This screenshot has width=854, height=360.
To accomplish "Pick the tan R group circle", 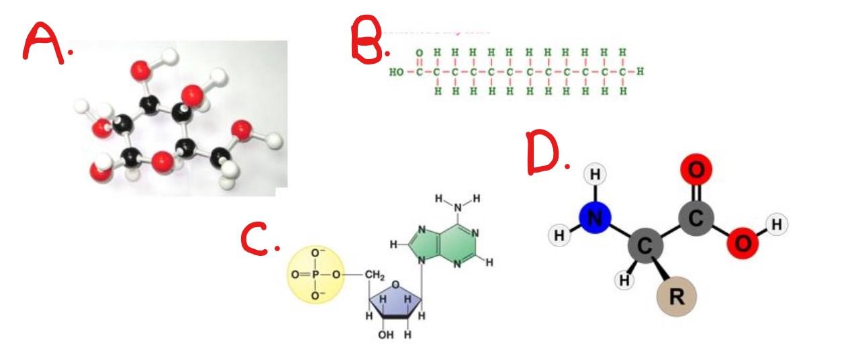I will (x=676, y=297).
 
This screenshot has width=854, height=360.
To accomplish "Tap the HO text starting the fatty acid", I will (x=397, y=71).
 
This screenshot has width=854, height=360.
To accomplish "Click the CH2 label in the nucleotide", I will (x=374, y=275).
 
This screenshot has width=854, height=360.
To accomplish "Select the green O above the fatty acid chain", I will (x=419, y=52).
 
